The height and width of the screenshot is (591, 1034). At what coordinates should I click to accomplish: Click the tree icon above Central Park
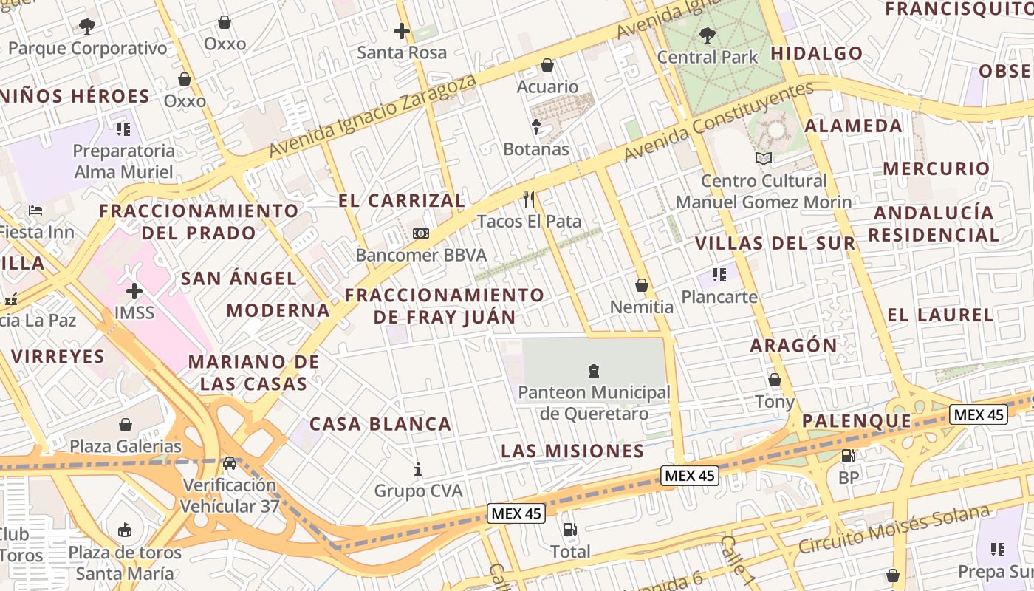(x=707, y=34)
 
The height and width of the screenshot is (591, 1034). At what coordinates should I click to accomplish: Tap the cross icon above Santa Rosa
(x=402, y=31)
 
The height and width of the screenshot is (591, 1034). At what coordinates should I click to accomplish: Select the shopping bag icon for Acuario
(x=547, y=65)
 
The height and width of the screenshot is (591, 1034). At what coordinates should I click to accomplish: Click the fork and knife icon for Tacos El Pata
(x=529, y=199)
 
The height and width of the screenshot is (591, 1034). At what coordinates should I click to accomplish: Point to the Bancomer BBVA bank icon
(x=421, y=233)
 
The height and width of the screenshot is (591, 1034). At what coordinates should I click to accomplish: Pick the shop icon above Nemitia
(x=642, y=285)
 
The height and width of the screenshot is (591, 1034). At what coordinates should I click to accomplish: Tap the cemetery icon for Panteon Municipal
(x=593, y=370)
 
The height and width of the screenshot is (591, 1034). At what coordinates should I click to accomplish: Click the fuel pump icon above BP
(x=849, y=456)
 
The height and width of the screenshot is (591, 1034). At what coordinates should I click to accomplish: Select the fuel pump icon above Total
(x=569, y=529)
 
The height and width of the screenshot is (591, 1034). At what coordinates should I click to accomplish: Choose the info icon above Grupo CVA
(x=418, y=469)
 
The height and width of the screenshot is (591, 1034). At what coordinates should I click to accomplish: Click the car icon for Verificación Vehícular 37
(x=230, y=463)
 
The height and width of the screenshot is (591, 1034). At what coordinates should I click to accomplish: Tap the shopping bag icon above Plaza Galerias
(x=126, y=425)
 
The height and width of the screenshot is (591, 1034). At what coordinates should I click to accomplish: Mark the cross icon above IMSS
(x=134, y=290)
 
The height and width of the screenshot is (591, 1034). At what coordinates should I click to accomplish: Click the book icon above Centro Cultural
(x=764, y=158)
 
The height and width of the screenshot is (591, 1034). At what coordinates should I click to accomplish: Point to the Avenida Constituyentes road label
(x=718, y=122)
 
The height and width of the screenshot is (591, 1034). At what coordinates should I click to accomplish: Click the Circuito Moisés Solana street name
(x=894, y=530)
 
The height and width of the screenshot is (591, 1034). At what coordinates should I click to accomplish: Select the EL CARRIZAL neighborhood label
(x=402, y=200)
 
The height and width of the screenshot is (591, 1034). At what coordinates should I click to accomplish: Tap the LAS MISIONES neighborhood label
(x=572, y=451)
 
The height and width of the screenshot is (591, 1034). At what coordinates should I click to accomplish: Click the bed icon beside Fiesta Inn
(x=35, y=211)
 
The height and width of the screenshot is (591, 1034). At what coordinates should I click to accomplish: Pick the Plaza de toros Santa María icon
(x=125, y=530)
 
